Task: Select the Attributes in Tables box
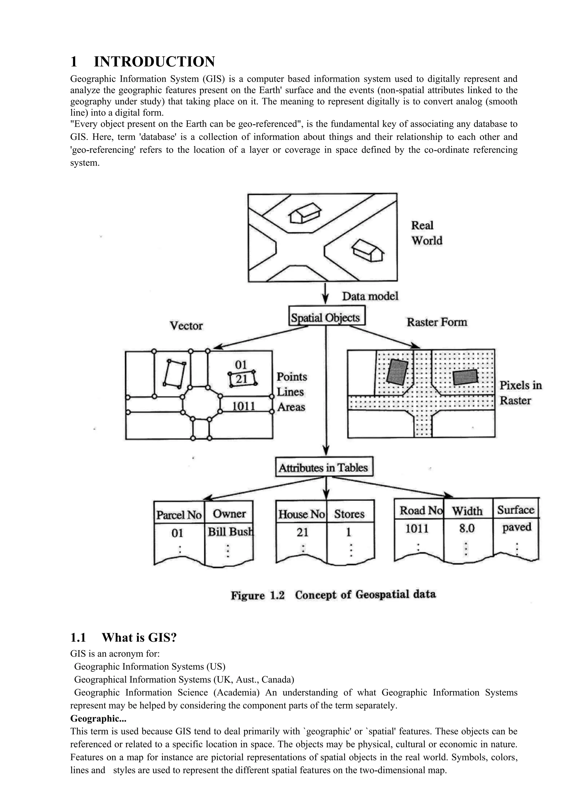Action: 324,468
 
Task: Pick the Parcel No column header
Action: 179,515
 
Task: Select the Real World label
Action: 427,233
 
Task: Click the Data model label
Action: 370,296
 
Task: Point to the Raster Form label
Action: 437,322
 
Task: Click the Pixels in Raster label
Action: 520,393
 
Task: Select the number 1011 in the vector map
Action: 244,406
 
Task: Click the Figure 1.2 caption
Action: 333,595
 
